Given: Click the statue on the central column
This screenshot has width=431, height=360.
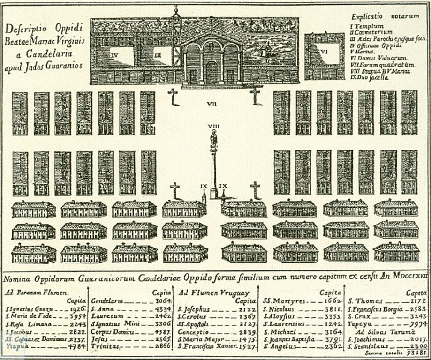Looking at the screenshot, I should tap(214, 139).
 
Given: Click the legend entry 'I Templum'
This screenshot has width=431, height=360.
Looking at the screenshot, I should tap(368, 26).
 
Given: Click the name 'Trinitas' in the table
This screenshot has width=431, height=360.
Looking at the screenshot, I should tap(105, 345).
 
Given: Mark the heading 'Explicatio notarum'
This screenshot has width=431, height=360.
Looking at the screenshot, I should tap(385, 16).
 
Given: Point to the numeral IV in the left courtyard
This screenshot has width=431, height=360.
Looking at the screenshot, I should tap(115, 55).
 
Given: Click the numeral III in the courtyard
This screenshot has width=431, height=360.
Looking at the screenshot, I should tap(158, 55).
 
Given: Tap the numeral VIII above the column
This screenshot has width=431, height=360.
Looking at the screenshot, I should tap(214, 126).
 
